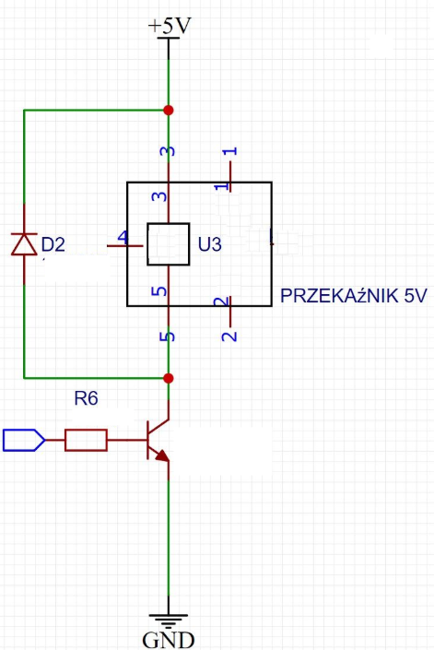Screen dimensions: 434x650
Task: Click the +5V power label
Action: [x=170, y=26]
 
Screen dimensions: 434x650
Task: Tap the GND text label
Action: [x=169, y=640]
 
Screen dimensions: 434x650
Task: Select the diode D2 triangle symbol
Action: [x=24, y=243]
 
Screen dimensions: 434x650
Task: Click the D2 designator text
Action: [x=53, y=244]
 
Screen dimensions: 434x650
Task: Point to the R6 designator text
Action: [x=86, y=398]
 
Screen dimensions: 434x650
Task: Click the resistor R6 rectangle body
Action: [x=86, y=440]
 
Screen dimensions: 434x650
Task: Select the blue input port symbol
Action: [x=24, y=440]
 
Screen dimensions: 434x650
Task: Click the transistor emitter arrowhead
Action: [x=162, y=455]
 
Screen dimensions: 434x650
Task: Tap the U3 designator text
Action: [x=209, y=244]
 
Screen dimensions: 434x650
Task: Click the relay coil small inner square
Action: [x=168, y=244]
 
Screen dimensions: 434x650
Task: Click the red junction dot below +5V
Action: [x=168, y=111]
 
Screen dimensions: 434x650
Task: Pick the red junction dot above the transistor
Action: [x=168, y=378]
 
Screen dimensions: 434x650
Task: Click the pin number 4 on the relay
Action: [x=123, y=237]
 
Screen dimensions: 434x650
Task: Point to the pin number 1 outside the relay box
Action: [x=230, y=151]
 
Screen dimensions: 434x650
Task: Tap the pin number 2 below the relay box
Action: [x=229, y=335]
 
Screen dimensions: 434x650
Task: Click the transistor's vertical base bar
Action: [x=147, y=440]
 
